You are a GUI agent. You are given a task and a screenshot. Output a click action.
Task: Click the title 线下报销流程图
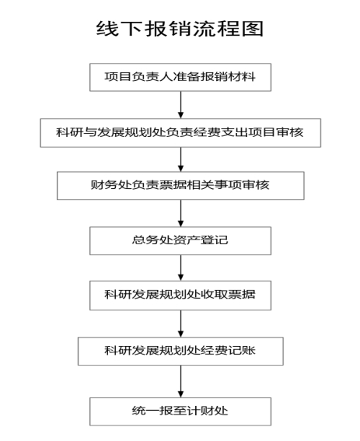180,29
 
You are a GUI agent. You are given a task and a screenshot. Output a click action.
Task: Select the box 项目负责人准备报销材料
180,77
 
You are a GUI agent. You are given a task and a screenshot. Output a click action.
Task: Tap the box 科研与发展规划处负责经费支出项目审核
180,133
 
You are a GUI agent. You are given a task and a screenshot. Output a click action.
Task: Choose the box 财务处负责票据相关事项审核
180,186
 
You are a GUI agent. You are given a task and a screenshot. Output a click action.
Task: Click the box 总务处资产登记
180,241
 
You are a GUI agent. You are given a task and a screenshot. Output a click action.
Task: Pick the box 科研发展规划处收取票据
180,296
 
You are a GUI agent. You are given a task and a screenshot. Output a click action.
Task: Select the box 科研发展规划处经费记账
180,352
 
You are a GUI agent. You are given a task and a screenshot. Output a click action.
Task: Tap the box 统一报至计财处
180,411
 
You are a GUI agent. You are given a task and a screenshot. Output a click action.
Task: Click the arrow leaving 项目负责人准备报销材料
181,105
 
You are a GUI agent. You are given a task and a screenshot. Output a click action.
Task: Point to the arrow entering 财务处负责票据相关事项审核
181,159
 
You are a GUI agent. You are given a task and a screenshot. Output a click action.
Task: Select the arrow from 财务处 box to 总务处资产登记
181,213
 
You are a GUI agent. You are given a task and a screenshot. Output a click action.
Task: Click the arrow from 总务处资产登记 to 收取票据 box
181,268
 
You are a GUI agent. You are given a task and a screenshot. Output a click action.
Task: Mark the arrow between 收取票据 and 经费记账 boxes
181,324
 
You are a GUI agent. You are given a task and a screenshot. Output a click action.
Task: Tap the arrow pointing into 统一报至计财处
181,381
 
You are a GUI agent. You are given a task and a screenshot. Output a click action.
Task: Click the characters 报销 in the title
168,29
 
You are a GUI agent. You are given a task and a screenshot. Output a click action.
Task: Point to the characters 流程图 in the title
228,29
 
